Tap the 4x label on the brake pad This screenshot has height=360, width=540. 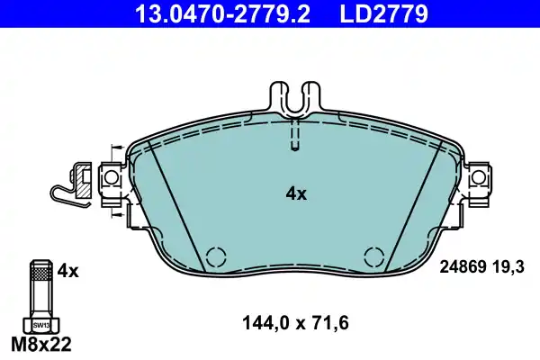pos(296,193)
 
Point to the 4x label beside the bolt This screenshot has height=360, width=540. pos(68,269)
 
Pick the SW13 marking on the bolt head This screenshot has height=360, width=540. pos(40,324)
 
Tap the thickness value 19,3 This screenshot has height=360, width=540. pos(508,267)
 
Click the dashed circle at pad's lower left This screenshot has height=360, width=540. pos(215,256)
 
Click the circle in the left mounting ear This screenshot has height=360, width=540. pos(112,179)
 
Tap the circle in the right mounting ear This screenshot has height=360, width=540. pos(478,179)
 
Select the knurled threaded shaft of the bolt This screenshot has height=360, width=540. pos(40,287)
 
